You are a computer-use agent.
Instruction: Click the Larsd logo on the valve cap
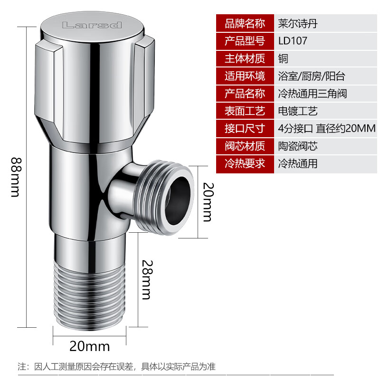pos(92,25)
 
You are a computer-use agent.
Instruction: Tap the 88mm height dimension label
pos(16,177)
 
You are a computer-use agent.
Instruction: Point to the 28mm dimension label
pos(147,280)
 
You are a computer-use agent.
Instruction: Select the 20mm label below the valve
pos(89,346)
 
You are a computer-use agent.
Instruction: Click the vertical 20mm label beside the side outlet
pos(209,202)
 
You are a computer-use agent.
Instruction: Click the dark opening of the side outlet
pos(178,200)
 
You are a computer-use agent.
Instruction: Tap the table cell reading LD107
pos(325,41)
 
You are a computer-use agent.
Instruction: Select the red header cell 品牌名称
pos(245,23)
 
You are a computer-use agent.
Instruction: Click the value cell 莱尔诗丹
pos(325,23)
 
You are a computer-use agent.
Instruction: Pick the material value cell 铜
pos(325,58)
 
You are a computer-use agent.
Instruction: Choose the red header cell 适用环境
pos(245,76)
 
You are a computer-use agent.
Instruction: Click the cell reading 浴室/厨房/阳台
pos(325,76)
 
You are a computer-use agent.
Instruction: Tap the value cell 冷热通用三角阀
pos(325,94)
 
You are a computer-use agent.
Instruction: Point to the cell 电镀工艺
pos(325,111)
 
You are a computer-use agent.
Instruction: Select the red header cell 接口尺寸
pos(245,128)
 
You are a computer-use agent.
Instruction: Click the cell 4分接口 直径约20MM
pos(325,128)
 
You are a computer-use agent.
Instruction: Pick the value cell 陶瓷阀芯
pos(325,146)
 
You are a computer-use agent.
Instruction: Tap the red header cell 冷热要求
pos(245,163)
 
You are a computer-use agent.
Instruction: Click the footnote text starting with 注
pos(116,366)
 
